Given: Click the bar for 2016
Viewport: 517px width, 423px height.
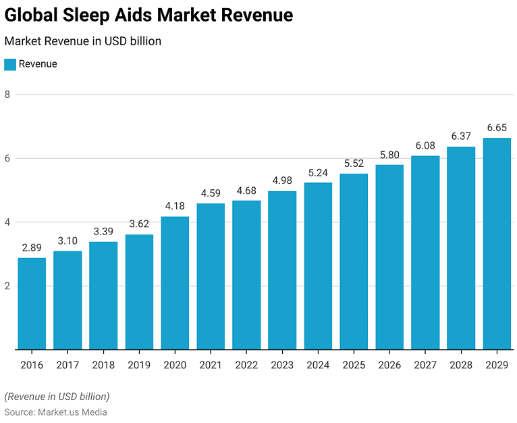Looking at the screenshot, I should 32,303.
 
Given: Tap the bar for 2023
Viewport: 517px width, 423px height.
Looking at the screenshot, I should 282,270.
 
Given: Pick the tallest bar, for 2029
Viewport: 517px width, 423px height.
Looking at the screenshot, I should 497,243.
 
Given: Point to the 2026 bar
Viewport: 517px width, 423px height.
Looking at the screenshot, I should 389,257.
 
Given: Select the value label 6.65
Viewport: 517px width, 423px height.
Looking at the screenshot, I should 497,127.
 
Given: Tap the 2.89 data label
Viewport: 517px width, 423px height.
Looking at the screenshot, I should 32,247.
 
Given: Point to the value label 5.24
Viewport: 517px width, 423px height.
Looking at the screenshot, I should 318,172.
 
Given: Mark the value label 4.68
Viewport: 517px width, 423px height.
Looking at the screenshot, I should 246,190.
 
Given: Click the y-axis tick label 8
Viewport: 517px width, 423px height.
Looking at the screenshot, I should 7,95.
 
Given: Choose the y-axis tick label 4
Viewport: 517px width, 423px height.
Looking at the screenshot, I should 7,222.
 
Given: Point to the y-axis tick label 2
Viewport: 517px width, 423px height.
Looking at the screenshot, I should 7,286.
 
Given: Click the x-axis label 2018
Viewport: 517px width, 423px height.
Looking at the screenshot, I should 103,366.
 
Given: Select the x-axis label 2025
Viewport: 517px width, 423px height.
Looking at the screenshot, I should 354,366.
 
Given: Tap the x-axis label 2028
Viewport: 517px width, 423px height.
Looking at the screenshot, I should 461,366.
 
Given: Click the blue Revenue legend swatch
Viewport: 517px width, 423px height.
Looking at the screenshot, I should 10,64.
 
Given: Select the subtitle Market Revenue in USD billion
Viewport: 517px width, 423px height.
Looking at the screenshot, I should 82,41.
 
